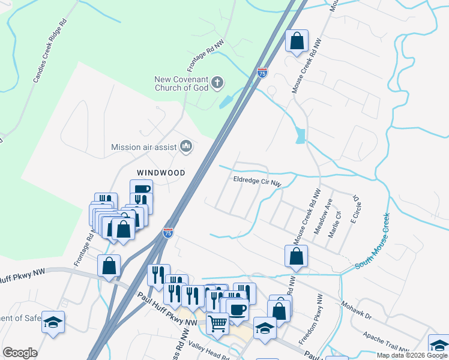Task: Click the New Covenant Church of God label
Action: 181,83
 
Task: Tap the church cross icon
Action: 217,82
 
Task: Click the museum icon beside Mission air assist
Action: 186,146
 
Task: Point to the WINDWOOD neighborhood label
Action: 160,172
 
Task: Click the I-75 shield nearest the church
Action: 262,73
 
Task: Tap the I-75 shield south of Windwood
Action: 168,232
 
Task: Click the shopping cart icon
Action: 217,322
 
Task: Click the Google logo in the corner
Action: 20,353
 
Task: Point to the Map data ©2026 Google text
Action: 412,355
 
